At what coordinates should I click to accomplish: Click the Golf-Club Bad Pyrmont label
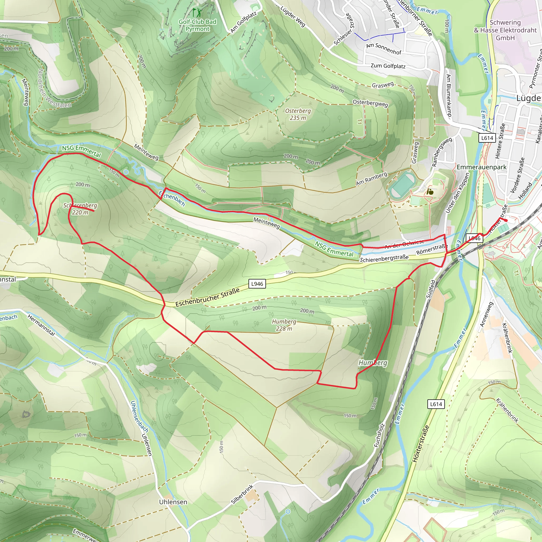[197, 25]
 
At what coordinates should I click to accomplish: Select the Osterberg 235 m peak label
[298, 114]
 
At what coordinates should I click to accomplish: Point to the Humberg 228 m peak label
[284, 325]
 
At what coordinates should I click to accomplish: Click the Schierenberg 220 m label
[80, 209]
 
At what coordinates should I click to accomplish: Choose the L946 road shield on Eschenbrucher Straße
[257, 284]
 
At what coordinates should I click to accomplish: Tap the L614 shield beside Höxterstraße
[436, 404]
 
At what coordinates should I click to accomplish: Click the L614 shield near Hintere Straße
[487, 138]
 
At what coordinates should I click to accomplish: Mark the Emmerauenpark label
[481, 167]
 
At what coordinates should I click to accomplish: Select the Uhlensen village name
[173, 502]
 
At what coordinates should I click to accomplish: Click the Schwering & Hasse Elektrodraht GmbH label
[505, 30]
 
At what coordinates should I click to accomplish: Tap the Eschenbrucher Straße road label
[207, 297]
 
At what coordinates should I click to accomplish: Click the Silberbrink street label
[242, 494]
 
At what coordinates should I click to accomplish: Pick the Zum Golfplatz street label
[388, 66]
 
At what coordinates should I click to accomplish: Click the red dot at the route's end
[506, 220]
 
